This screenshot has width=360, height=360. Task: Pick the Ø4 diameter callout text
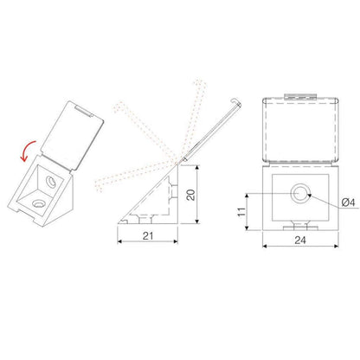(x=346, y=202)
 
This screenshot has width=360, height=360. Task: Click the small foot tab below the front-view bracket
(x=299, y=228)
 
